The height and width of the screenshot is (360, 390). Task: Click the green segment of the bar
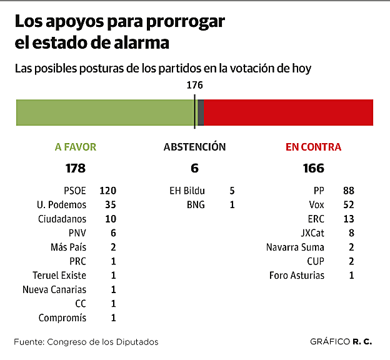pos(105,112)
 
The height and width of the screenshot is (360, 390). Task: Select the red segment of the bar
pos(287,112)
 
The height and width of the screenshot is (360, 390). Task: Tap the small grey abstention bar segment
pos(200,112)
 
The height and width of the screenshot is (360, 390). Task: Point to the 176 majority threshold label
pos(195,86)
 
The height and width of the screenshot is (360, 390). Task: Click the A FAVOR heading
pos(76,147)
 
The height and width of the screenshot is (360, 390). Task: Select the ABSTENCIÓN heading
pos(194,147)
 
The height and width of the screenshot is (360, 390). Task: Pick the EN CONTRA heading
pos(313,147)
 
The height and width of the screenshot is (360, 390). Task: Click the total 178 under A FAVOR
pos(75,168)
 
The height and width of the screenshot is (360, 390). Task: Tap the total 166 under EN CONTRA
pos(313,168)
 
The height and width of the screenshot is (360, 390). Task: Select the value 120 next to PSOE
pos(108,191)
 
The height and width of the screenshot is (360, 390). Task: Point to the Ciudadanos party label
pos(62,219)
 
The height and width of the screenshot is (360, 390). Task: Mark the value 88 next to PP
pos(348,191)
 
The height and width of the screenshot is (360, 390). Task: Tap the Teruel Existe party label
pos(59,275)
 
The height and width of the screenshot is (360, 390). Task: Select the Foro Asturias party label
pos(297,275)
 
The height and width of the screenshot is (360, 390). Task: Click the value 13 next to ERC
pos(348,219)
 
